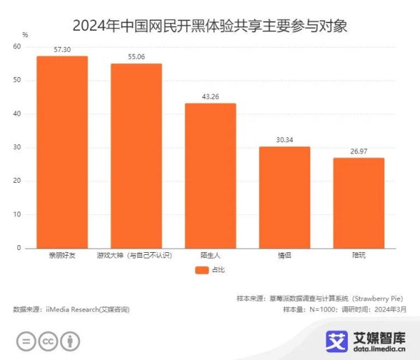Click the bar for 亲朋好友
[62, 152]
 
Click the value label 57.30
[62, 50]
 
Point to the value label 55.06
[136, 57]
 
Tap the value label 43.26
[210, 97]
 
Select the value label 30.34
[284, 140]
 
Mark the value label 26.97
[358, 151]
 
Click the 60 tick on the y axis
[17, 47]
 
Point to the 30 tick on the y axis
[17, 148]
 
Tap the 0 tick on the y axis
[20, 248]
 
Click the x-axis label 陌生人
[210, 256]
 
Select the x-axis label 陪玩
[358, 256]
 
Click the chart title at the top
[210, 27]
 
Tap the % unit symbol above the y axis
[25, 34]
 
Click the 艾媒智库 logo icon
[337, 341]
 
